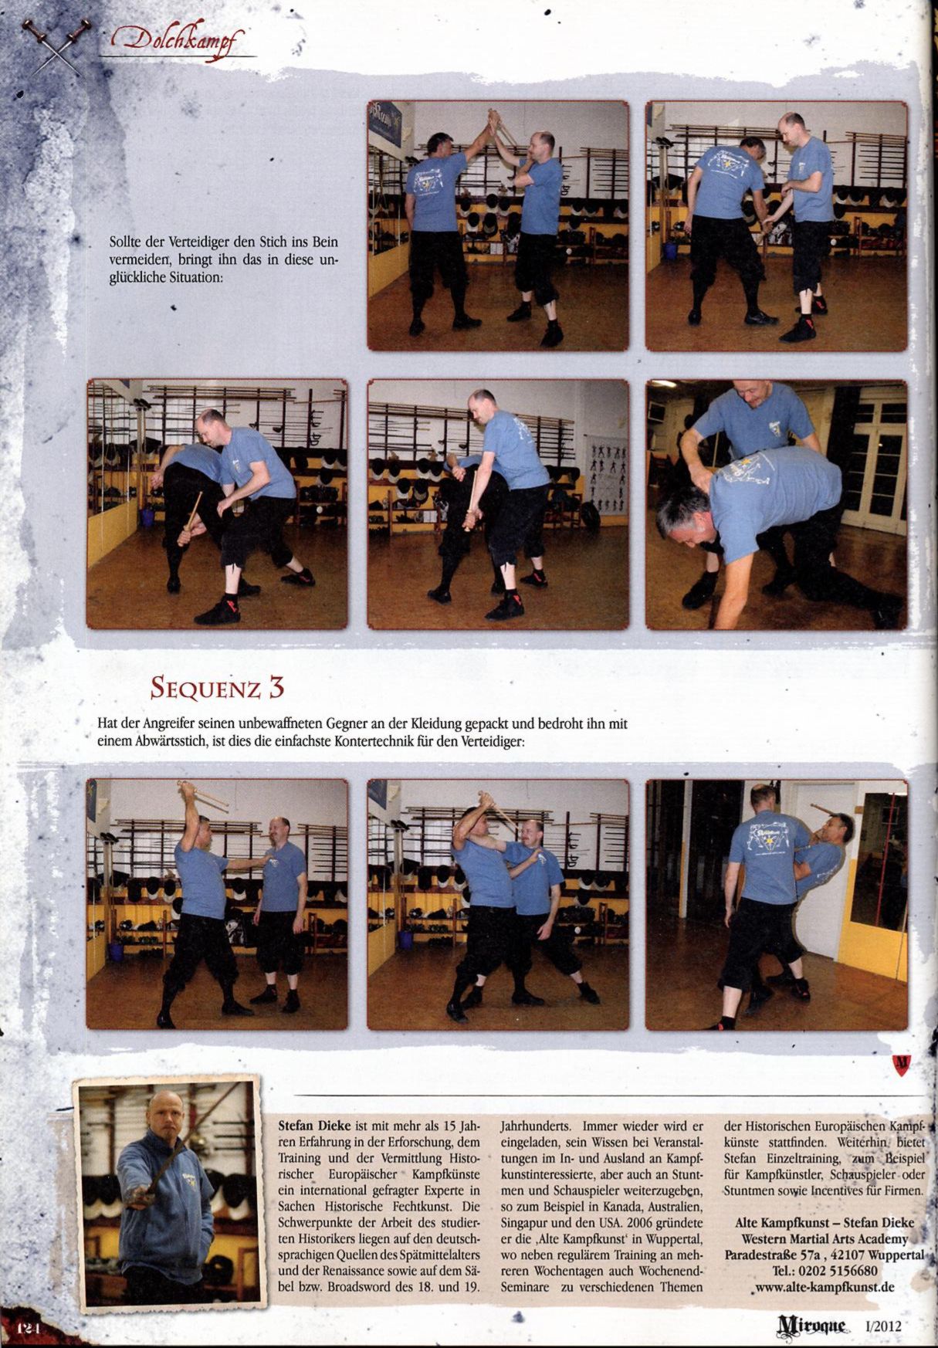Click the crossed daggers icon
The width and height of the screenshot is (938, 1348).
pyautogui.click(x=56, y=46)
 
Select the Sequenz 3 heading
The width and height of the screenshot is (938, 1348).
pyautogui.click(x=217, y=686)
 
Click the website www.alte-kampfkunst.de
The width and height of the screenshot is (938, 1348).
pyautogui.click(x=825, y=1287)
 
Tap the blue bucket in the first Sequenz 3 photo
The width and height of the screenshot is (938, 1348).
pyautogui.click(x=116, y=950)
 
